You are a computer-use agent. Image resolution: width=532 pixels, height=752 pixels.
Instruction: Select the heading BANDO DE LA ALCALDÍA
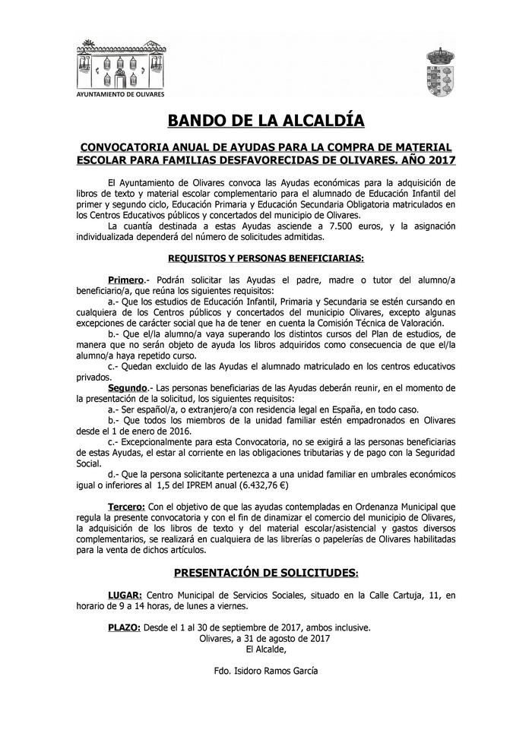pyautogui.click(x=265, y=121)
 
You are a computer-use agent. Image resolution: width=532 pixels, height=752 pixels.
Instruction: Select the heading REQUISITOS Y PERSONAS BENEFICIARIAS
pyautogui.click(x=265, y=258)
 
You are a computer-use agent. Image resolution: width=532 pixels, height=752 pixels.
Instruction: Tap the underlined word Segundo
pyautogui.click(x=127, y=387)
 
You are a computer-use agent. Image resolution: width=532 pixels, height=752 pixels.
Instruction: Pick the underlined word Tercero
pyautogui.click(x=127, y=505)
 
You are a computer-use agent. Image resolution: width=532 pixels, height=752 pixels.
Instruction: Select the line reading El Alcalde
pyautogui.click(x=265, y=649)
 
